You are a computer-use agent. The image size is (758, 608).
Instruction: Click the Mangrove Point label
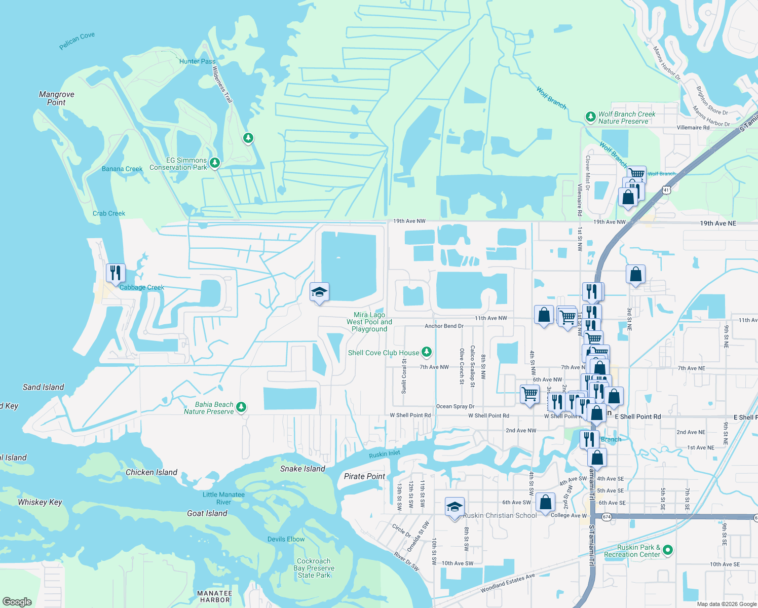click(x=56, y=98)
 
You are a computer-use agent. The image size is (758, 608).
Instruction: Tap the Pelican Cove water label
click(x=77, y=41)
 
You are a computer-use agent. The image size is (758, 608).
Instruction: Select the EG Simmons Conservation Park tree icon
click(x=215, y=163)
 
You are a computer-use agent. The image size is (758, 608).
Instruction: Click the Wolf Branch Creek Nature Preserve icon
click(x=590, y=117)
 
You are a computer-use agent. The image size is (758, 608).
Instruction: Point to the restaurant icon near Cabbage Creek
click(x=116, y=273)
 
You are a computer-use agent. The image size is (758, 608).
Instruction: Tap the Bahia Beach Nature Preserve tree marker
click(x=241, y=406)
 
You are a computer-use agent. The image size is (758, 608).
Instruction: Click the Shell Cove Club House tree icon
click(x=427, y=352)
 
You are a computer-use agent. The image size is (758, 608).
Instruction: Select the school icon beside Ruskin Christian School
click(x=454, y=507)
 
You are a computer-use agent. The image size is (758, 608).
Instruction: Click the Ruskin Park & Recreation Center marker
click(x=667, y=550)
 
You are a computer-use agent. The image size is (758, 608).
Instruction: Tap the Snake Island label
click(x=302, y=469)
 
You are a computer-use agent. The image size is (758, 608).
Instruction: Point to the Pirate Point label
click(x=365, y=476)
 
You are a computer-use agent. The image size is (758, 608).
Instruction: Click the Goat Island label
click(x=207, y=513)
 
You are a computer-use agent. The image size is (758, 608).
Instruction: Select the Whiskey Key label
click(x=40, y=502)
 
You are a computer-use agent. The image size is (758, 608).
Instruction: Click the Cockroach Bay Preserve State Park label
click(x=314, y=568)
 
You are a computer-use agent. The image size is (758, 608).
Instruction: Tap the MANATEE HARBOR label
click(x=214, y=596)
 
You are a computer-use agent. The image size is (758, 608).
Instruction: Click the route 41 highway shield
click(x=667, y=190)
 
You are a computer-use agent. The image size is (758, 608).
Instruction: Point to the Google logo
click(x=17, y=601)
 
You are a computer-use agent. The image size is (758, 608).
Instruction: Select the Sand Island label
click(x=44, y=387)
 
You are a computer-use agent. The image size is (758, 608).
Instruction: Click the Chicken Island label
click(x=151, y=472)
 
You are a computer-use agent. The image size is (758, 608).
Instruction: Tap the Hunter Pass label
click(x=197, y=61)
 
